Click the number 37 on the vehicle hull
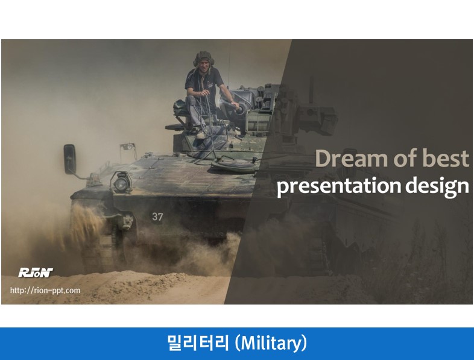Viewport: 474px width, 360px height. coord(157,216)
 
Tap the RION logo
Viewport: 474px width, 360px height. coord(36,273)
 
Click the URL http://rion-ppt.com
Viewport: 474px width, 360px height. coord(45,291)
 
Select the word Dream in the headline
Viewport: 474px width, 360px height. coord(352,159)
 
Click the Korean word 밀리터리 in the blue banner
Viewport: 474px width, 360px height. coord(198,343)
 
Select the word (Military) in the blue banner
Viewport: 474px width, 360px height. coord(271,343)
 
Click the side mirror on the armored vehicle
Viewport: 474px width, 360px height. coord(69,159)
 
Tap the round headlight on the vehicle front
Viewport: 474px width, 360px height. coord(121,184)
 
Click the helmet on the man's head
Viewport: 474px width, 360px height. coord(204,58)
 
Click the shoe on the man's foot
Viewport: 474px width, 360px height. coord(201,134)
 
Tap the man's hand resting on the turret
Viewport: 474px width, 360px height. coord(235,106)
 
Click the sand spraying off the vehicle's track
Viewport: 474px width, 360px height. coord(84,224)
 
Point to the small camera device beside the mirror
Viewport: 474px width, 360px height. coord(128,147)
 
